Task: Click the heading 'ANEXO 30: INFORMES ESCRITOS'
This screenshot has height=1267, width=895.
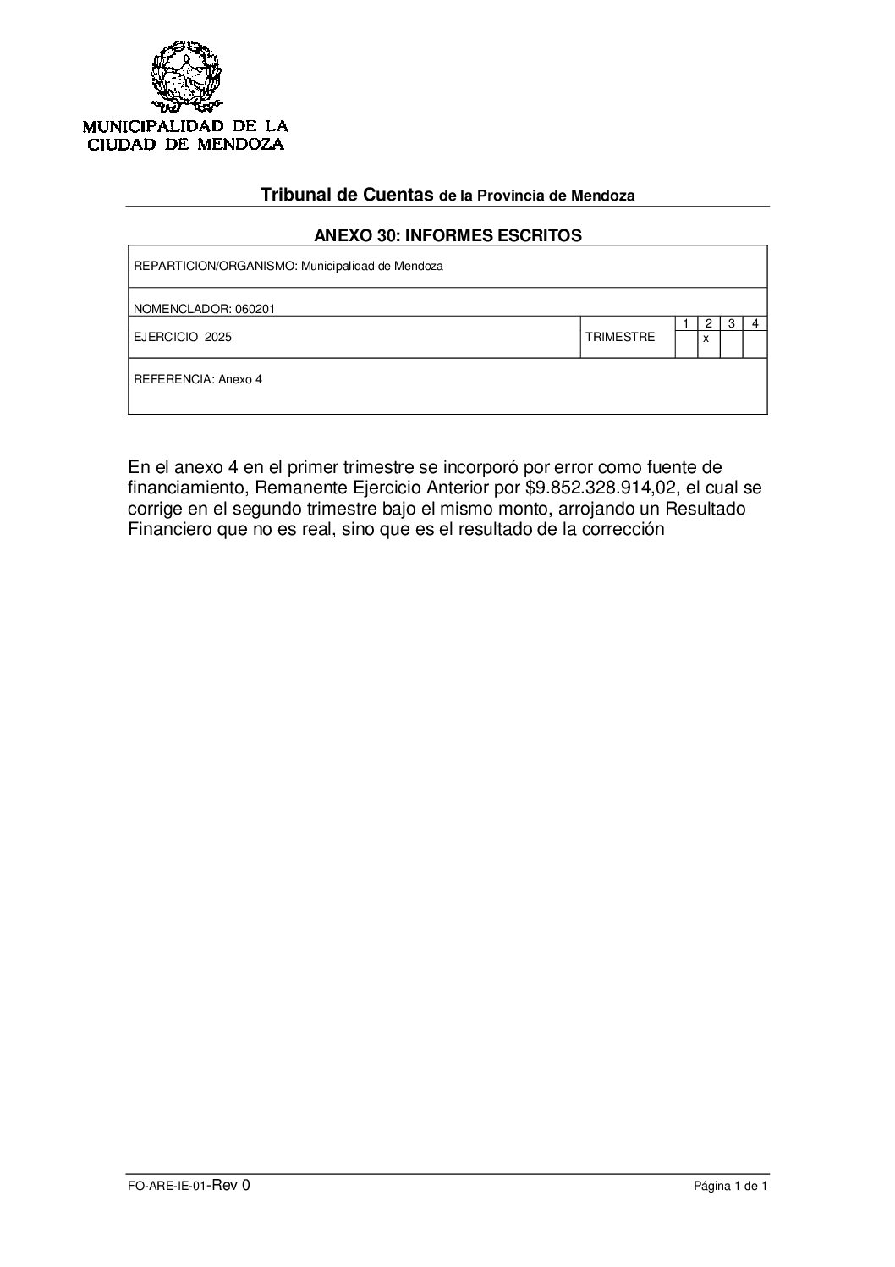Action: tap(447, 235)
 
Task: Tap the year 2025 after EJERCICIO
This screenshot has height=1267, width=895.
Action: tap(217, 337)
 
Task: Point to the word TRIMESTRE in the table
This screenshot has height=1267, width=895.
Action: tap(620, 337)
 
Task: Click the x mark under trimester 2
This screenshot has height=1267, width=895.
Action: tap(706, 339)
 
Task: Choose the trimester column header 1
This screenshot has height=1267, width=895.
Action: tap(686, 323)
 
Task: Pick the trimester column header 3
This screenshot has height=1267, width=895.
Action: tap(731, 323)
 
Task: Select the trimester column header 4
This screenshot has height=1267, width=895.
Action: tap(755, 323)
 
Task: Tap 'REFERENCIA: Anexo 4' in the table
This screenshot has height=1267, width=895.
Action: tap(198, 380)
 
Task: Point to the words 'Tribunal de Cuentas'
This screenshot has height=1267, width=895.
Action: tap(347, 195)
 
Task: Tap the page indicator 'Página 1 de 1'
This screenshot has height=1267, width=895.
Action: tap(730, 1187)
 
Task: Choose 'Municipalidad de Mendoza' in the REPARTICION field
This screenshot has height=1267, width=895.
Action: tap(372, 266)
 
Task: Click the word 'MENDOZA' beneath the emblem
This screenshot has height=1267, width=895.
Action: tap(241, 144)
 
